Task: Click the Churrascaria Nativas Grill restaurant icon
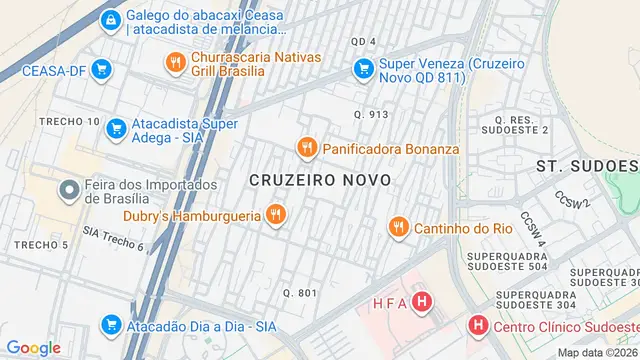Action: [176, 62]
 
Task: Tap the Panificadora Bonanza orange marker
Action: [306, 148]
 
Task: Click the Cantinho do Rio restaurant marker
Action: [398, 228]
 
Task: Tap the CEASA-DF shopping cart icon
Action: [100, 69]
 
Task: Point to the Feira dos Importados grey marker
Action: [69, 189]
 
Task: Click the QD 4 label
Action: [363, 41]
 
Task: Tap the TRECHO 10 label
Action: [69, 121]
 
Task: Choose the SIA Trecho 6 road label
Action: [113, 238]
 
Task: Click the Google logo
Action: [33, 347]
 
